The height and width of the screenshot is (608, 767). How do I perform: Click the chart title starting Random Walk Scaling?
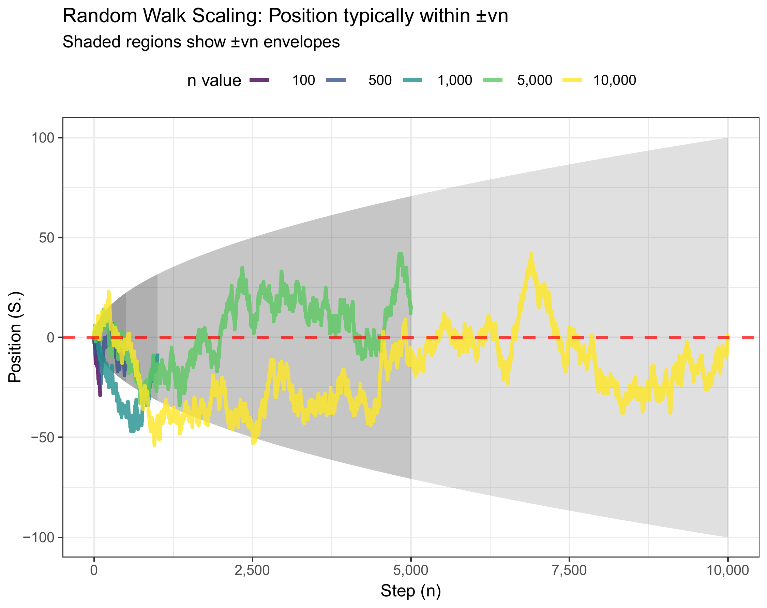(x=285, y=16)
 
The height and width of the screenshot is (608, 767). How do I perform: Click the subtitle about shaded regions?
(x=201, y=42)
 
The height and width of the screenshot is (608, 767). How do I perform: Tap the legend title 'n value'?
(x=214, y=81)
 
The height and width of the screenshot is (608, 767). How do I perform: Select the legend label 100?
(x=303, y=80)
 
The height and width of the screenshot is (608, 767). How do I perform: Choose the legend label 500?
(x=380, y=80)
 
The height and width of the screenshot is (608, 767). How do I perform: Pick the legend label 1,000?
(x=454, y=80)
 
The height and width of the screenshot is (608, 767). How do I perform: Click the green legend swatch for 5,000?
(x=492, y=80)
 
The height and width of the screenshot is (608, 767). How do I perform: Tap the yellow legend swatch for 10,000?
(x=572, y=80)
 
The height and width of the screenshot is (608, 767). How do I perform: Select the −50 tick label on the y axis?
(x=43, y=437)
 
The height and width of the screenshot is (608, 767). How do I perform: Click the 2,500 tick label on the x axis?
(x=252, y=570)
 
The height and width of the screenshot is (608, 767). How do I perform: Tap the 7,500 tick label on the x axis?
(x=569, y=570)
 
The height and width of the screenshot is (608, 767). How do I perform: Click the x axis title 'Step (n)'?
(x=410, y=591)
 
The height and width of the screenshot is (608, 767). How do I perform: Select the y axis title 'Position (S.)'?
(x=15, y=337)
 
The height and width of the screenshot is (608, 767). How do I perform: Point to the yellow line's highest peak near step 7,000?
(x=531, y=254)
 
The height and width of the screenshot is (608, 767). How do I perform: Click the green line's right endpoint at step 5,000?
(x=410, y=310)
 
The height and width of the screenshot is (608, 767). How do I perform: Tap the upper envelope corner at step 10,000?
(x=727, y=138)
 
